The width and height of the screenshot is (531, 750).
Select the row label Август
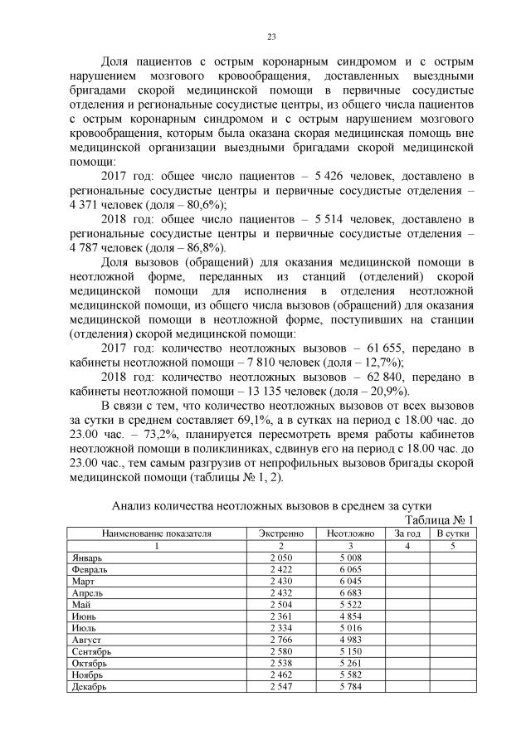86,640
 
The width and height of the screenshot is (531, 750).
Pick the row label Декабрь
89,687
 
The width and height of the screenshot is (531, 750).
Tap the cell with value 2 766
282,640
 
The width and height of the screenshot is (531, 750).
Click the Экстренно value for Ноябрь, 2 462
282,675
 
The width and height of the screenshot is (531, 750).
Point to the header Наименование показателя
156,533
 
